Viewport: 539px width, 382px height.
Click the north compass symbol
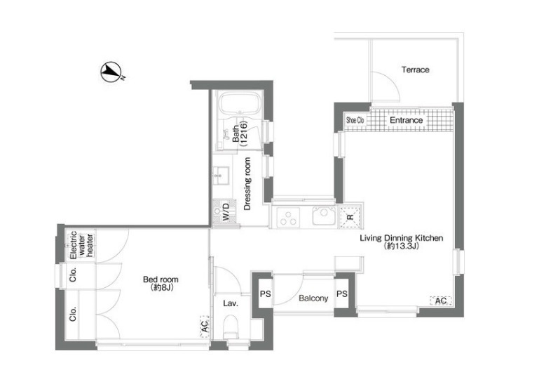[111, 72]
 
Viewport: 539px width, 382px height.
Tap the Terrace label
[415, 70]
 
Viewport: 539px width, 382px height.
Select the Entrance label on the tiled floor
[406, 120]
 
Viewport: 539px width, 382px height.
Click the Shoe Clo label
[355, 120]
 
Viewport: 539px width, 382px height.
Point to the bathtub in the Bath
[240, 103]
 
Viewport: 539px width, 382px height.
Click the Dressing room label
[247, 183]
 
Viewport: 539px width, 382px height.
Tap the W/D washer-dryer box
[224, 212]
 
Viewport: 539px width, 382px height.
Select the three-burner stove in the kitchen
[287, 217]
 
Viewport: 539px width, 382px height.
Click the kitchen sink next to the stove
[323, 216]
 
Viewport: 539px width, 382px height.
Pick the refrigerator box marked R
[350, 217]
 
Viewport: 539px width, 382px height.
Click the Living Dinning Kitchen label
[401, 238]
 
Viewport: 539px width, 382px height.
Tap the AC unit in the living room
[441, 301]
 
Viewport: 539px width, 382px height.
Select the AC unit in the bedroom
[205, 327]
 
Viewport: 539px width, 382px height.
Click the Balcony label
[313, 298]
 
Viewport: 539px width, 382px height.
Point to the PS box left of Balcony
[266, 294]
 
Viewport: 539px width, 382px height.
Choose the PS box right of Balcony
[341, 294]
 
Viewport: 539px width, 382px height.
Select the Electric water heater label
[81, 245]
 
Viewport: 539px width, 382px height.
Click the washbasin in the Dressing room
[221, 176]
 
